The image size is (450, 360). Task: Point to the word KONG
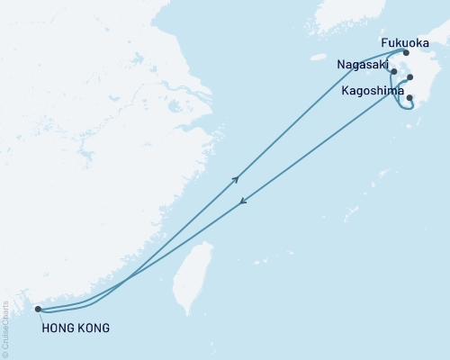tap(93, 328)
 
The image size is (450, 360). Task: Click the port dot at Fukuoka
tap(406, 52)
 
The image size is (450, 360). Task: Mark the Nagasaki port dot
tap(394, 70)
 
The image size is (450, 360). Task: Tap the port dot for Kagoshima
tap(409, 97)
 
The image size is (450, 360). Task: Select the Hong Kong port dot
tap(37, 310)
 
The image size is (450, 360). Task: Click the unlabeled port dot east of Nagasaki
tap(410, 77)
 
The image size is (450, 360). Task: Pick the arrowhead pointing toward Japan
tap(237, 179)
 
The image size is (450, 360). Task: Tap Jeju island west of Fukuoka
tap(318, 56)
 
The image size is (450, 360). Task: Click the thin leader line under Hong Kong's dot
tap(40, 316)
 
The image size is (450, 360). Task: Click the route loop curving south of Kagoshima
tap(409, 110)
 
